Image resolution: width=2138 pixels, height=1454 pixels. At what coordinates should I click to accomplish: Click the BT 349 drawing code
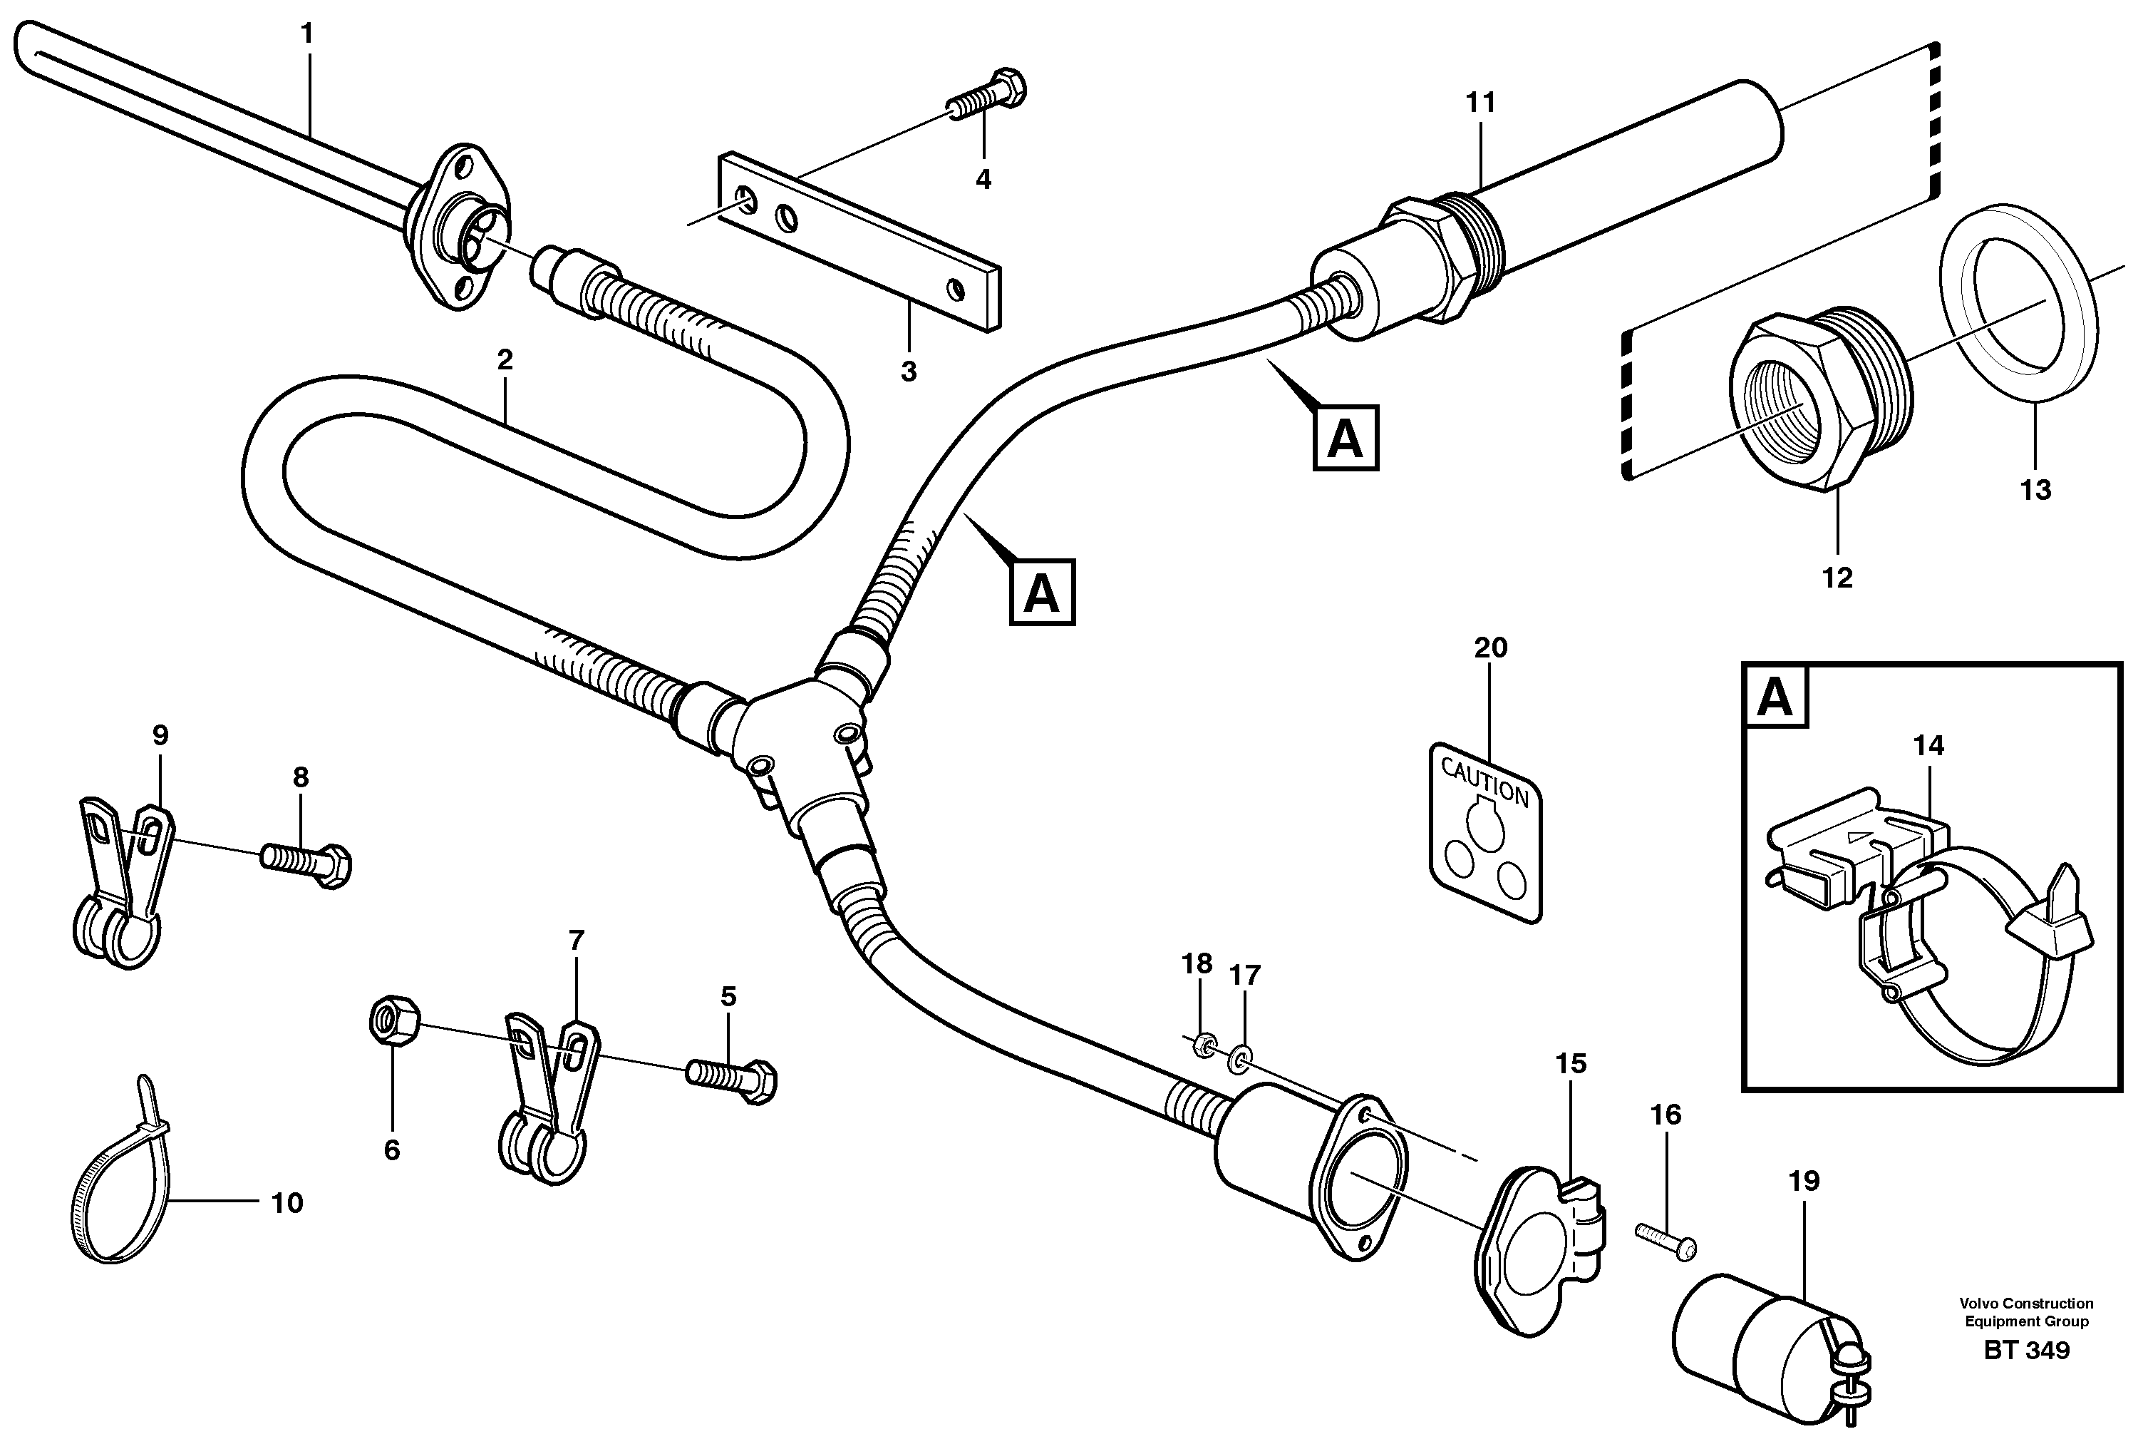point(2027,1351)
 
